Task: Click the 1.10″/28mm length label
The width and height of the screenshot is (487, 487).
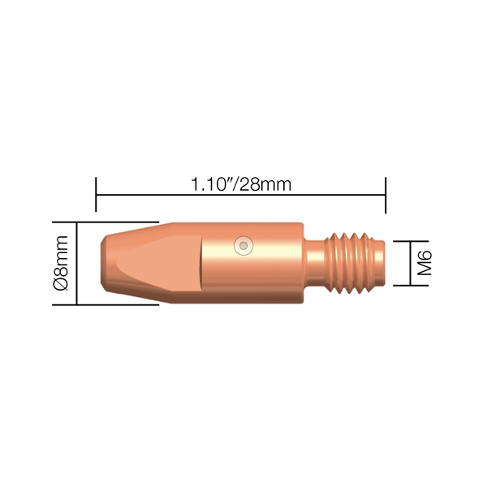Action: tap(241, 184)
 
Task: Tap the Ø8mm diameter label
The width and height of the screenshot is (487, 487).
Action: tap(61, 263)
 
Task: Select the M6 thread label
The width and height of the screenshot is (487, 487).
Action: tap(425, 263)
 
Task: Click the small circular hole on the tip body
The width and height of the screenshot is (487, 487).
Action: tap(243, 246)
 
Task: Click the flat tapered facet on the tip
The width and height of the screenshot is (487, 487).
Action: tap(158, 263)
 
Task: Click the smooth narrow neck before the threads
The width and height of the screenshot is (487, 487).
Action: tap(314, 263)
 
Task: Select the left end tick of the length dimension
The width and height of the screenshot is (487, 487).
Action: tap(96, 195)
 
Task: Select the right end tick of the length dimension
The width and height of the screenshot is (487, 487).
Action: tap(386, 195)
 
